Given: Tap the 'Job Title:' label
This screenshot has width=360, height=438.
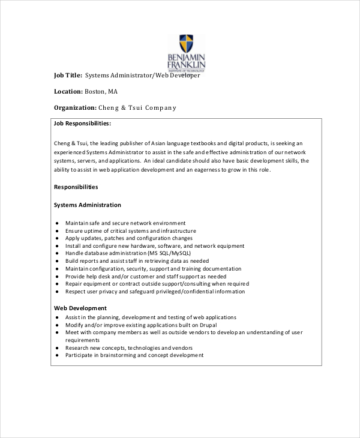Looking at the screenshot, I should (x=67, y=76).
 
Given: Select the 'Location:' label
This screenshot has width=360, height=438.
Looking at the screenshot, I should (x=68, y=92).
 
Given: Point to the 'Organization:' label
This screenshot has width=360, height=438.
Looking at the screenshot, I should (x=75, y=108).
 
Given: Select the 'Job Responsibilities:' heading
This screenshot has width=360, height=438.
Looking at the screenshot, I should (x=82, y=123).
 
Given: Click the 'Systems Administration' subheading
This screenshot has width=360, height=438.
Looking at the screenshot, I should (x=87, y=205).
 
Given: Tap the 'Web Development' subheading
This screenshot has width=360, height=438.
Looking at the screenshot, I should (x=80, y=308).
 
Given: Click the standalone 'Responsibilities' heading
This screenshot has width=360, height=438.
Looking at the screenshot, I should (x=76, y=187).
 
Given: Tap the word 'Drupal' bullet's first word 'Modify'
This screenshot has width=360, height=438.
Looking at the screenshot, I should (x=76, y=324).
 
